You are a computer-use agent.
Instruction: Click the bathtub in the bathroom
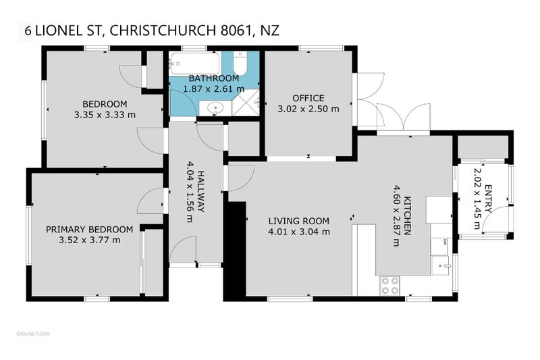[194, 64]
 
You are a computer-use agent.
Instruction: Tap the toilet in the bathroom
[240, 66]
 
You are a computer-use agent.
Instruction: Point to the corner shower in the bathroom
[248, 103]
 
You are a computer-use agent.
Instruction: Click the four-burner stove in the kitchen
[389, 286]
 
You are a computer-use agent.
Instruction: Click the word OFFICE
[308, 98]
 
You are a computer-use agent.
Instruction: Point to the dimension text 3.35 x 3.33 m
[105, 114]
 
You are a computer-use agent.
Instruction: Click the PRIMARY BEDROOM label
[89, 229]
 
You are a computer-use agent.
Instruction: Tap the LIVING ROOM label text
[298, 221]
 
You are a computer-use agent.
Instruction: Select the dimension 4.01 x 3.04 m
[298, 232]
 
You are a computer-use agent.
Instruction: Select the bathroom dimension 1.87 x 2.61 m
[214, 88]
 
